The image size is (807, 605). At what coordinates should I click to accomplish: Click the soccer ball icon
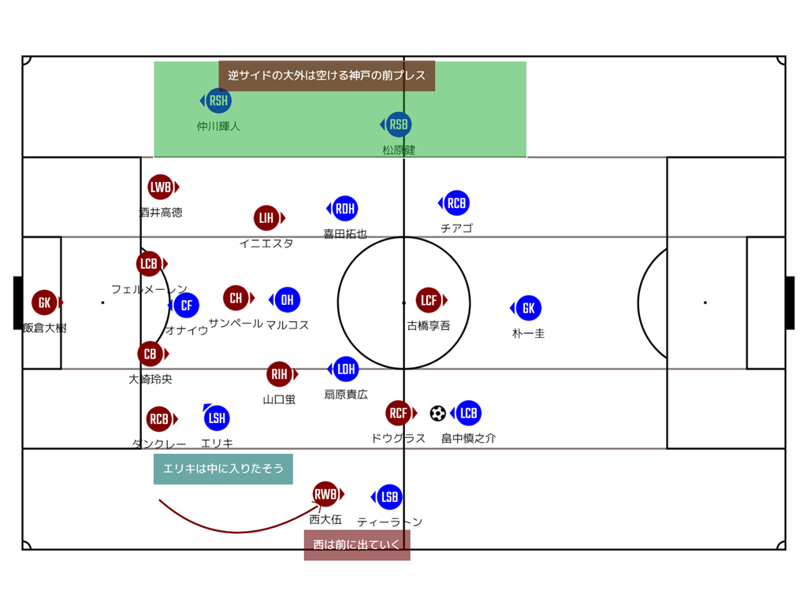point(438,413)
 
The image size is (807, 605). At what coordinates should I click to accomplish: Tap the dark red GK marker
point(45,302)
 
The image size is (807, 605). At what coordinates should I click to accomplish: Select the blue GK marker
point(529,308)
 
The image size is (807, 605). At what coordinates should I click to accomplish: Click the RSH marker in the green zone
point(218,100)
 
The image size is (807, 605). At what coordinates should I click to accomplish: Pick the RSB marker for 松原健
point(399,124)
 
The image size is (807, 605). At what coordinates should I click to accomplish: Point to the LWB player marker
point(161,187)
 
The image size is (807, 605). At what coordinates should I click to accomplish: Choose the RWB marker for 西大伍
point(325,494)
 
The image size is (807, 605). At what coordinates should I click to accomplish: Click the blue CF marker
point(187,305)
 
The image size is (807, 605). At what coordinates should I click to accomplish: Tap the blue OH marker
point(288,299)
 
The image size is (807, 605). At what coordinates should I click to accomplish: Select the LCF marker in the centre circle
point(429,300)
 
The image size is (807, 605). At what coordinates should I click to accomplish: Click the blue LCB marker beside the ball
point(468,413)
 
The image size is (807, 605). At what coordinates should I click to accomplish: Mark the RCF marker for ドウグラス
point(399,413)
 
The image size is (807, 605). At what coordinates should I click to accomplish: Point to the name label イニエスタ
point(266,243)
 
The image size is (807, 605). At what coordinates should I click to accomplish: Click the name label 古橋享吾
point(429,325)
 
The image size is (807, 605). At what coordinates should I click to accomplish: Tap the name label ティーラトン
point(390,521)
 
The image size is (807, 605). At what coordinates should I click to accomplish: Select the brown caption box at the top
point(326,76)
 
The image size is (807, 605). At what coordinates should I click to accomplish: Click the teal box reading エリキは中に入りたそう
point(223,469)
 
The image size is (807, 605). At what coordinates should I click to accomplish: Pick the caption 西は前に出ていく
point(357,544)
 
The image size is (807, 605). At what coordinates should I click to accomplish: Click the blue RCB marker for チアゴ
point(456,203)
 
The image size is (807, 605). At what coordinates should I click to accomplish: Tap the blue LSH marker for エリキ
point(217,418)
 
